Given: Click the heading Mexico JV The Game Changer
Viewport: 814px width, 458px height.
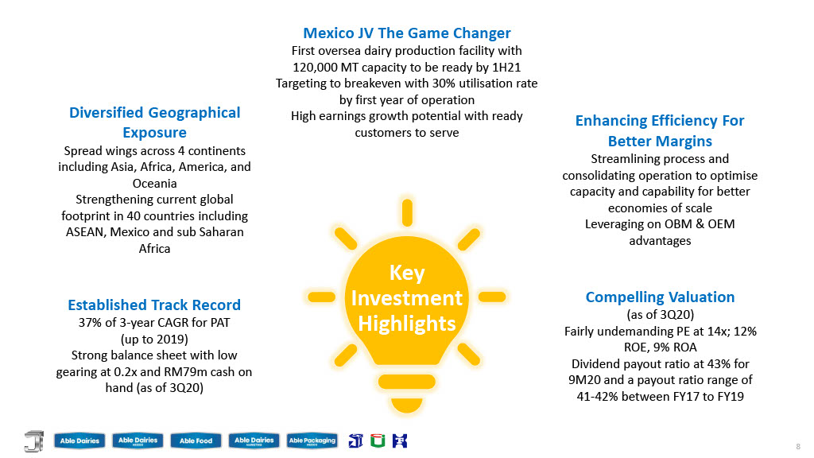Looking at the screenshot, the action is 407,33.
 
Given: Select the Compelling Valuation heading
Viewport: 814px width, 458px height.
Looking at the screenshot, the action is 660,297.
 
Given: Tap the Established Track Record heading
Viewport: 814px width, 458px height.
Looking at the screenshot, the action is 154,305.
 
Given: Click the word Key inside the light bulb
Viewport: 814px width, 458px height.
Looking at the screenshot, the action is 407,274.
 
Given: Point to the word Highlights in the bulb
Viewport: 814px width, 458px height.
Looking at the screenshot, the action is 407,324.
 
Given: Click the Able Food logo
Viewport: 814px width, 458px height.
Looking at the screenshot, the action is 196,441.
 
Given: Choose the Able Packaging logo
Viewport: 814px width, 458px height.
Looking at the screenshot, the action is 312,441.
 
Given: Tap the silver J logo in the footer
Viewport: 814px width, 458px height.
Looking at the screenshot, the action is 33,441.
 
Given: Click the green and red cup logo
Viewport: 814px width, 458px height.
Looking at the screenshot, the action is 378,441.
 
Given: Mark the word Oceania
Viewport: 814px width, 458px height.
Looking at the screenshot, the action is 155,184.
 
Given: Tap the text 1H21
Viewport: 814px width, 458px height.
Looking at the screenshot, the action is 506,67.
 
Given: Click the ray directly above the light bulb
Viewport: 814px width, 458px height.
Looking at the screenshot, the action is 407,213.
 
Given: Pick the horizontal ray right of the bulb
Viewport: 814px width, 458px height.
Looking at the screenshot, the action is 491,297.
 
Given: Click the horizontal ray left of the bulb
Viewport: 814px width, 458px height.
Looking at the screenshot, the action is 322,297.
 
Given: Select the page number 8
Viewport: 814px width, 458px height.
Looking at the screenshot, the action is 798,447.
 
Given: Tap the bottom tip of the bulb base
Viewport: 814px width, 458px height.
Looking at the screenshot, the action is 406,413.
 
